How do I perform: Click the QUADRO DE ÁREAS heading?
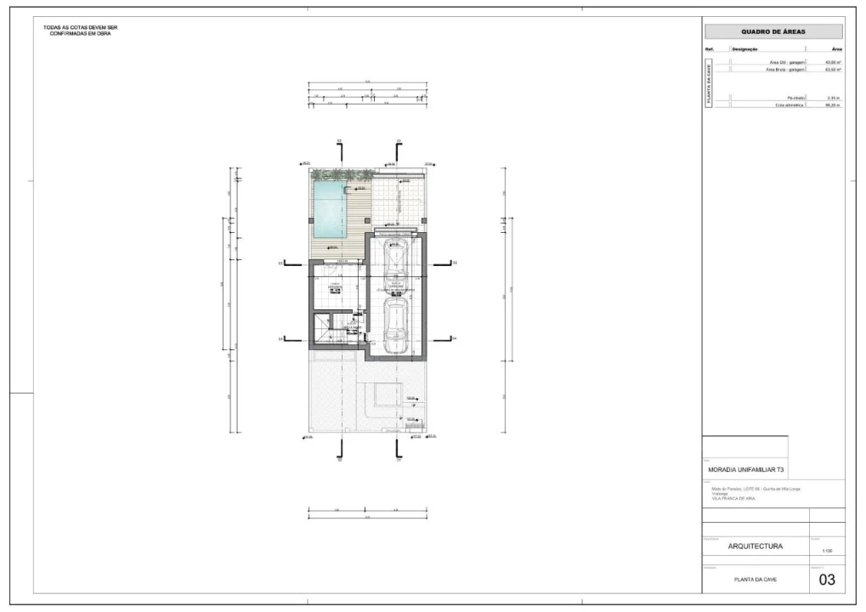773,31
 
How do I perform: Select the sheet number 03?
826,580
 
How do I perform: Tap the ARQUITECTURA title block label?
744,547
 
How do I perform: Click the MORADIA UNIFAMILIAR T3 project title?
746,469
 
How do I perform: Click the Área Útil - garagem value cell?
834,62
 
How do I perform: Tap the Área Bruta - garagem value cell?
834,70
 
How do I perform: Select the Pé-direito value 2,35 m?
834,98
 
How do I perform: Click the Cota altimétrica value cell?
834,105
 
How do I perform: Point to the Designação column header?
744,50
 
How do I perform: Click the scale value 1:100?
826,551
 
